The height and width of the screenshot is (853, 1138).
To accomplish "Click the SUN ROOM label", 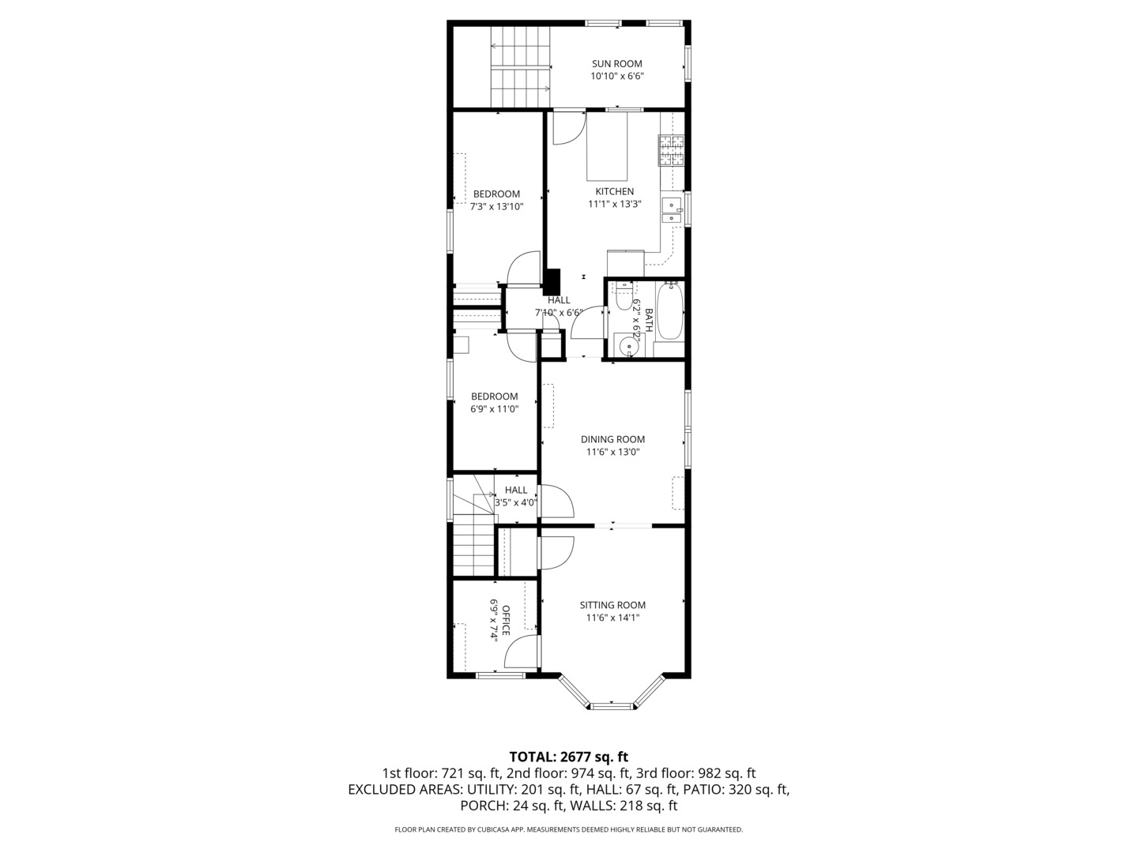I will point(617,64).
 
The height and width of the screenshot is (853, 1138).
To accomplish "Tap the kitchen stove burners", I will point(672,150).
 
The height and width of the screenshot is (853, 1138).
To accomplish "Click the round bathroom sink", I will point(628,345).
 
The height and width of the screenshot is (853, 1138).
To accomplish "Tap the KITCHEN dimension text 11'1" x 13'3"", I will point(614,204).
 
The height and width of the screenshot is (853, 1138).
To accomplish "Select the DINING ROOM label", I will point(612,439).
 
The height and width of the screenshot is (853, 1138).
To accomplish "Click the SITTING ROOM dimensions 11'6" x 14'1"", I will point(612,618).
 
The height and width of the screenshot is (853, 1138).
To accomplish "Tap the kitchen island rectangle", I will point(606,146).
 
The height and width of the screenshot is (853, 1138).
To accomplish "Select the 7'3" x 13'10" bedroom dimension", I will point(496,207).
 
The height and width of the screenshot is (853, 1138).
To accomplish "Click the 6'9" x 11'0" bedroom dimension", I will point(494,409).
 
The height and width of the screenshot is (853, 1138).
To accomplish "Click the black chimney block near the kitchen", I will point(552,282).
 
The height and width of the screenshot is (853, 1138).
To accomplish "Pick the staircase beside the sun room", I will point(520,67).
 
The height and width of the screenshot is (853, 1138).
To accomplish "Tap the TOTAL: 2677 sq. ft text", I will point(568,757).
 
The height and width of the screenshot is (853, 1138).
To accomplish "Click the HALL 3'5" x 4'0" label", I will point(515,490).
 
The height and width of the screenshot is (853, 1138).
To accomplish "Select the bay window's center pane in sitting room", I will point(612,705).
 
